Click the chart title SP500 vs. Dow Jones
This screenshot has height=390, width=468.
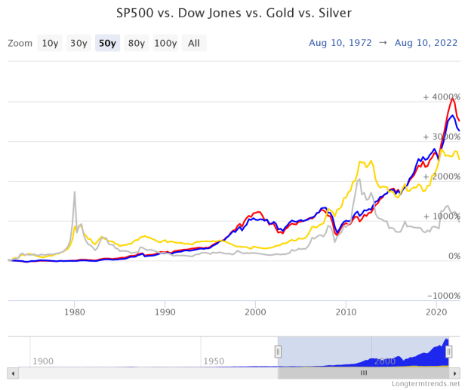pos(233,14)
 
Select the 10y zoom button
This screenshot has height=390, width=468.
pos(50,43)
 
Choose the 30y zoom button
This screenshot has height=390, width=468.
pos(79,43)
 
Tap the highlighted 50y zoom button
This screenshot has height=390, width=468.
pos(107,43)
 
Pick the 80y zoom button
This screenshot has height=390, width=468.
pos(136,43)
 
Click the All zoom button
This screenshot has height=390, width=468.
pos(193,43)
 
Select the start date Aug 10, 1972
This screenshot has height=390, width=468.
pos(340,43)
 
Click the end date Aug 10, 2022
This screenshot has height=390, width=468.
pos(426,43)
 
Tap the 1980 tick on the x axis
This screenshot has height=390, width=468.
pos(74,312)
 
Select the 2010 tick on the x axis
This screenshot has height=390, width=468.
pos(346,312)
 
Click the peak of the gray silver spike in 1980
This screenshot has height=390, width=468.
pos(75,192)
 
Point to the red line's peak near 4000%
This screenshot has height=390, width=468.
pos(452,99)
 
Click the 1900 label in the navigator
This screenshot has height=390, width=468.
pos(43,361)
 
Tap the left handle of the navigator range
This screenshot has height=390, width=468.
pos(278,351)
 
